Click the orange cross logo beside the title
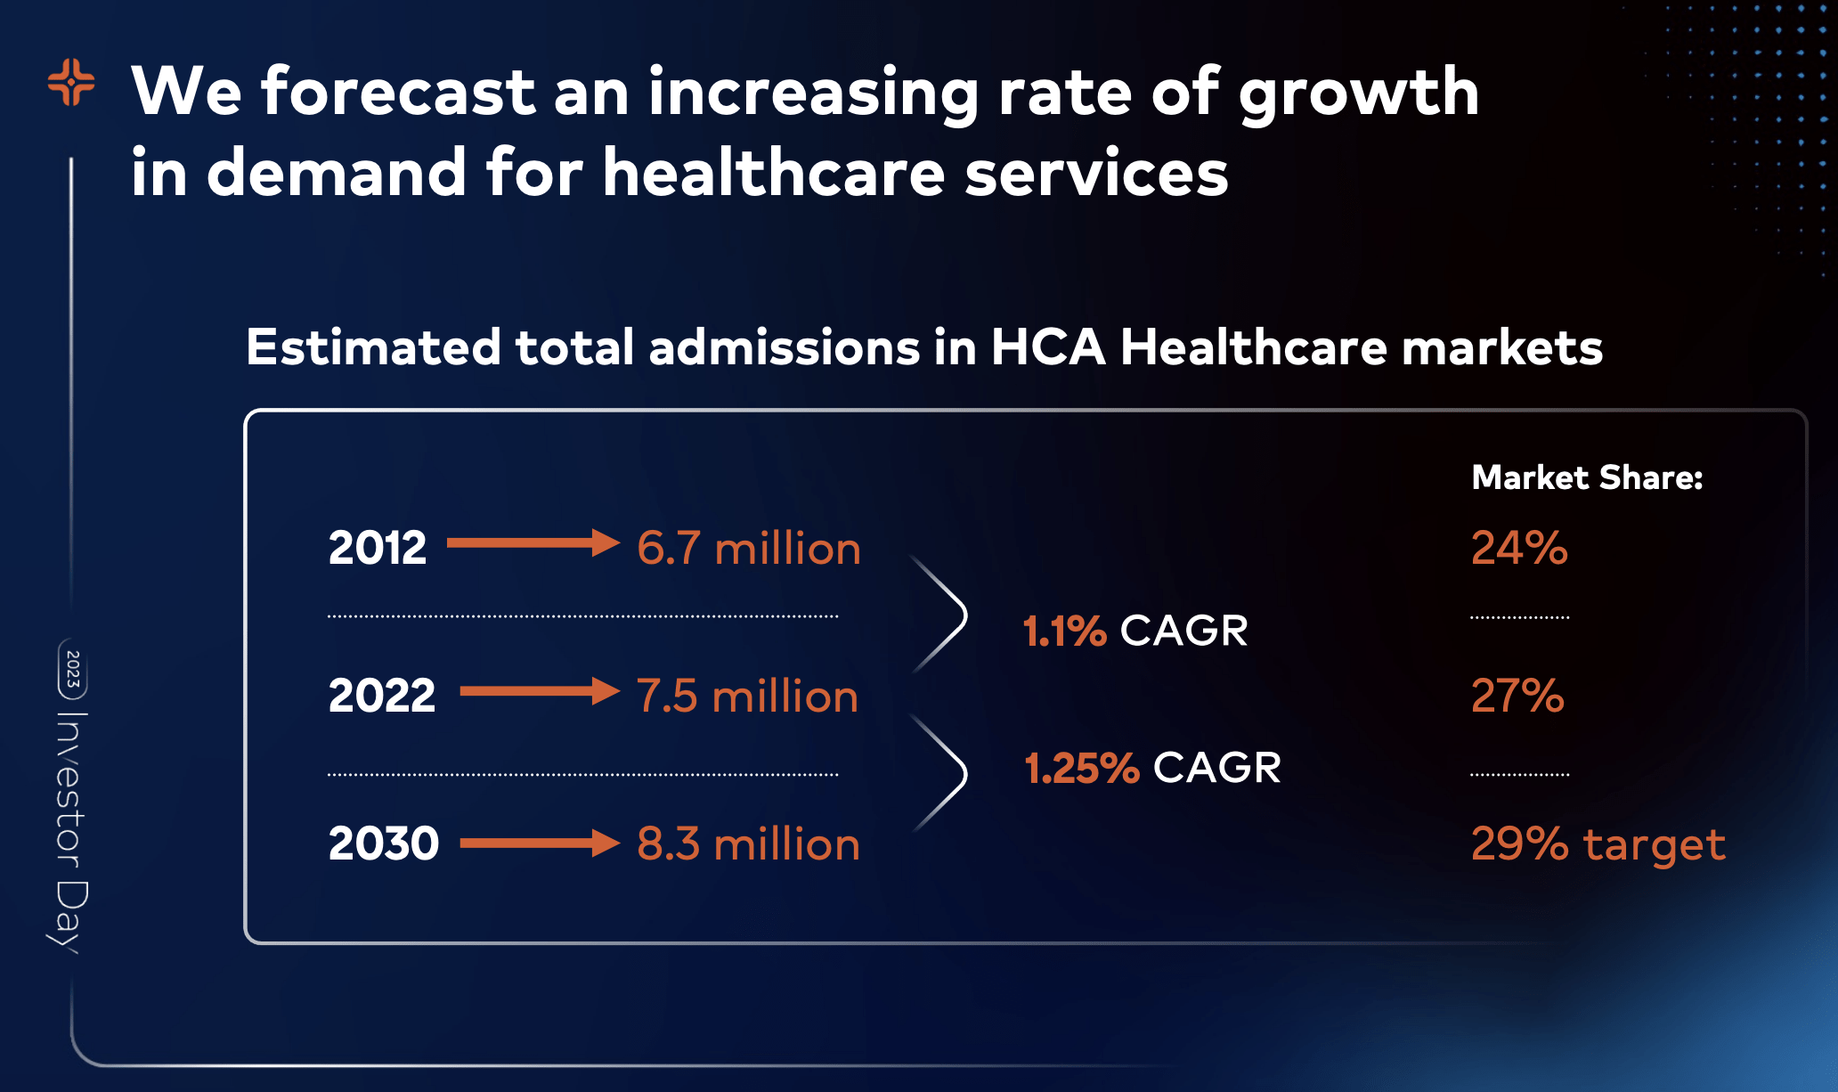click(x=71, y=83)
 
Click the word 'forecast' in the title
click(x=398, y=93)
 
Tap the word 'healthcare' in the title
click(x=773, y=173)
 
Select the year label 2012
click(x=378, y=547)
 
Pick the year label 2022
click(x=382, y=695)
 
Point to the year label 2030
click(x=384, y=843)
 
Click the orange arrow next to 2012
click(x=533, y=542)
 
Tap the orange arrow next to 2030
click(x=540, y=843)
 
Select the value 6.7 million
click(x=749, y=548)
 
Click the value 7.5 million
click(x=747, y=696)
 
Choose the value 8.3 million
click(x=748, y=843)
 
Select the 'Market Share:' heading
click(x=1587, y=477)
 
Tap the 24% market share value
click(x=1519, y=548)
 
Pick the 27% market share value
click(x=1517, y=696)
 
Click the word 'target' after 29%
click(x=1655, y=844)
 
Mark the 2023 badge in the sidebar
click(x=73, y=669)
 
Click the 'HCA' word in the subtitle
click(x=1048, y=346)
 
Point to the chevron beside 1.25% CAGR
click(x=944, y=772)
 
